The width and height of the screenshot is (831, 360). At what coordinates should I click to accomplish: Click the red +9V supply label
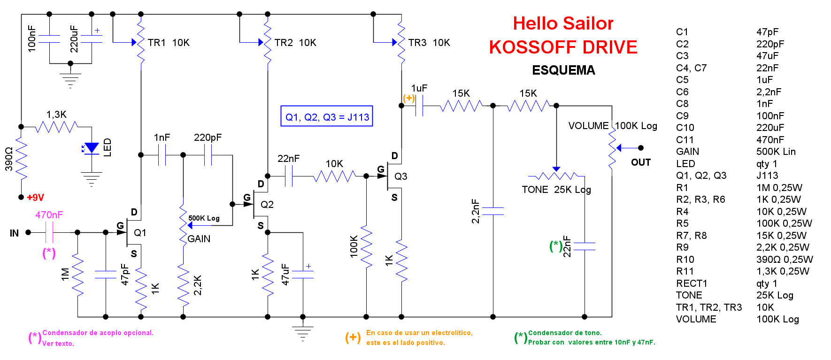[x=35, y=198]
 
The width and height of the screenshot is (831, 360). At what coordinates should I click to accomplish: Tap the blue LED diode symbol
[x=91, y=148]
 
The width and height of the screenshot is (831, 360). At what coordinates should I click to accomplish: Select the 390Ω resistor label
[x=8, y=159]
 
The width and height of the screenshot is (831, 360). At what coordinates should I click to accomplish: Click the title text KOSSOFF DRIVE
[x=563, y=47]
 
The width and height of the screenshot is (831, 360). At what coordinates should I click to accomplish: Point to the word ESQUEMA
[x=563, y=70]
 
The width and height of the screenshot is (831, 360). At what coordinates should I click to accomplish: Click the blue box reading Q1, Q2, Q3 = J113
[x=327, y=116]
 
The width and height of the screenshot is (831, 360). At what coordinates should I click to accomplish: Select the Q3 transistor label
[x=400, y=176]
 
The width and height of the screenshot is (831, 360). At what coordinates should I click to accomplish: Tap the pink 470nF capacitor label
[x=49, y=215]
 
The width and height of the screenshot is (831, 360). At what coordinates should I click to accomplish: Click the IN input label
[x=15, y=233]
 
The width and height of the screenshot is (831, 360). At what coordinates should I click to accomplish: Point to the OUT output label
[x=640, y=162]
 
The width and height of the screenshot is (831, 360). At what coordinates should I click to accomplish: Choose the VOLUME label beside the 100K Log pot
[x=588, y=126]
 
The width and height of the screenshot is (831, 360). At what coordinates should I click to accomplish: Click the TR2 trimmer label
[x=284, y=43]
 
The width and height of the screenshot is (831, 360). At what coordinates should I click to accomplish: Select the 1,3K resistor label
[x=56, y=115]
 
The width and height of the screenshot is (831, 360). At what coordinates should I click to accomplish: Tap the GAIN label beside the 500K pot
[x=199, y=239]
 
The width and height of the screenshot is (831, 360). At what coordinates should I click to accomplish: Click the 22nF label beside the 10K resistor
[x=288, y=159]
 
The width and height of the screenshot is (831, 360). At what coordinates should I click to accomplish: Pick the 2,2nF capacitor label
[x=475, y=211]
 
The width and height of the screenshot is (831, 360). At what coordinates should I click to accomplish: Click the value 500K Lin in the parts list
[x=776, y=152]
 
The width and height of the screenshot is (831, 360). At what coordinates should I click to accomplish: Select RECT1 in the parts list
[x=691, y=283]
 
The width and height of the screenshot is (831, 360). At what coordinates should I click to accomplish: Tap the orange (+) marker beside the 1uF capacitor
[x=409, y=98]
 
